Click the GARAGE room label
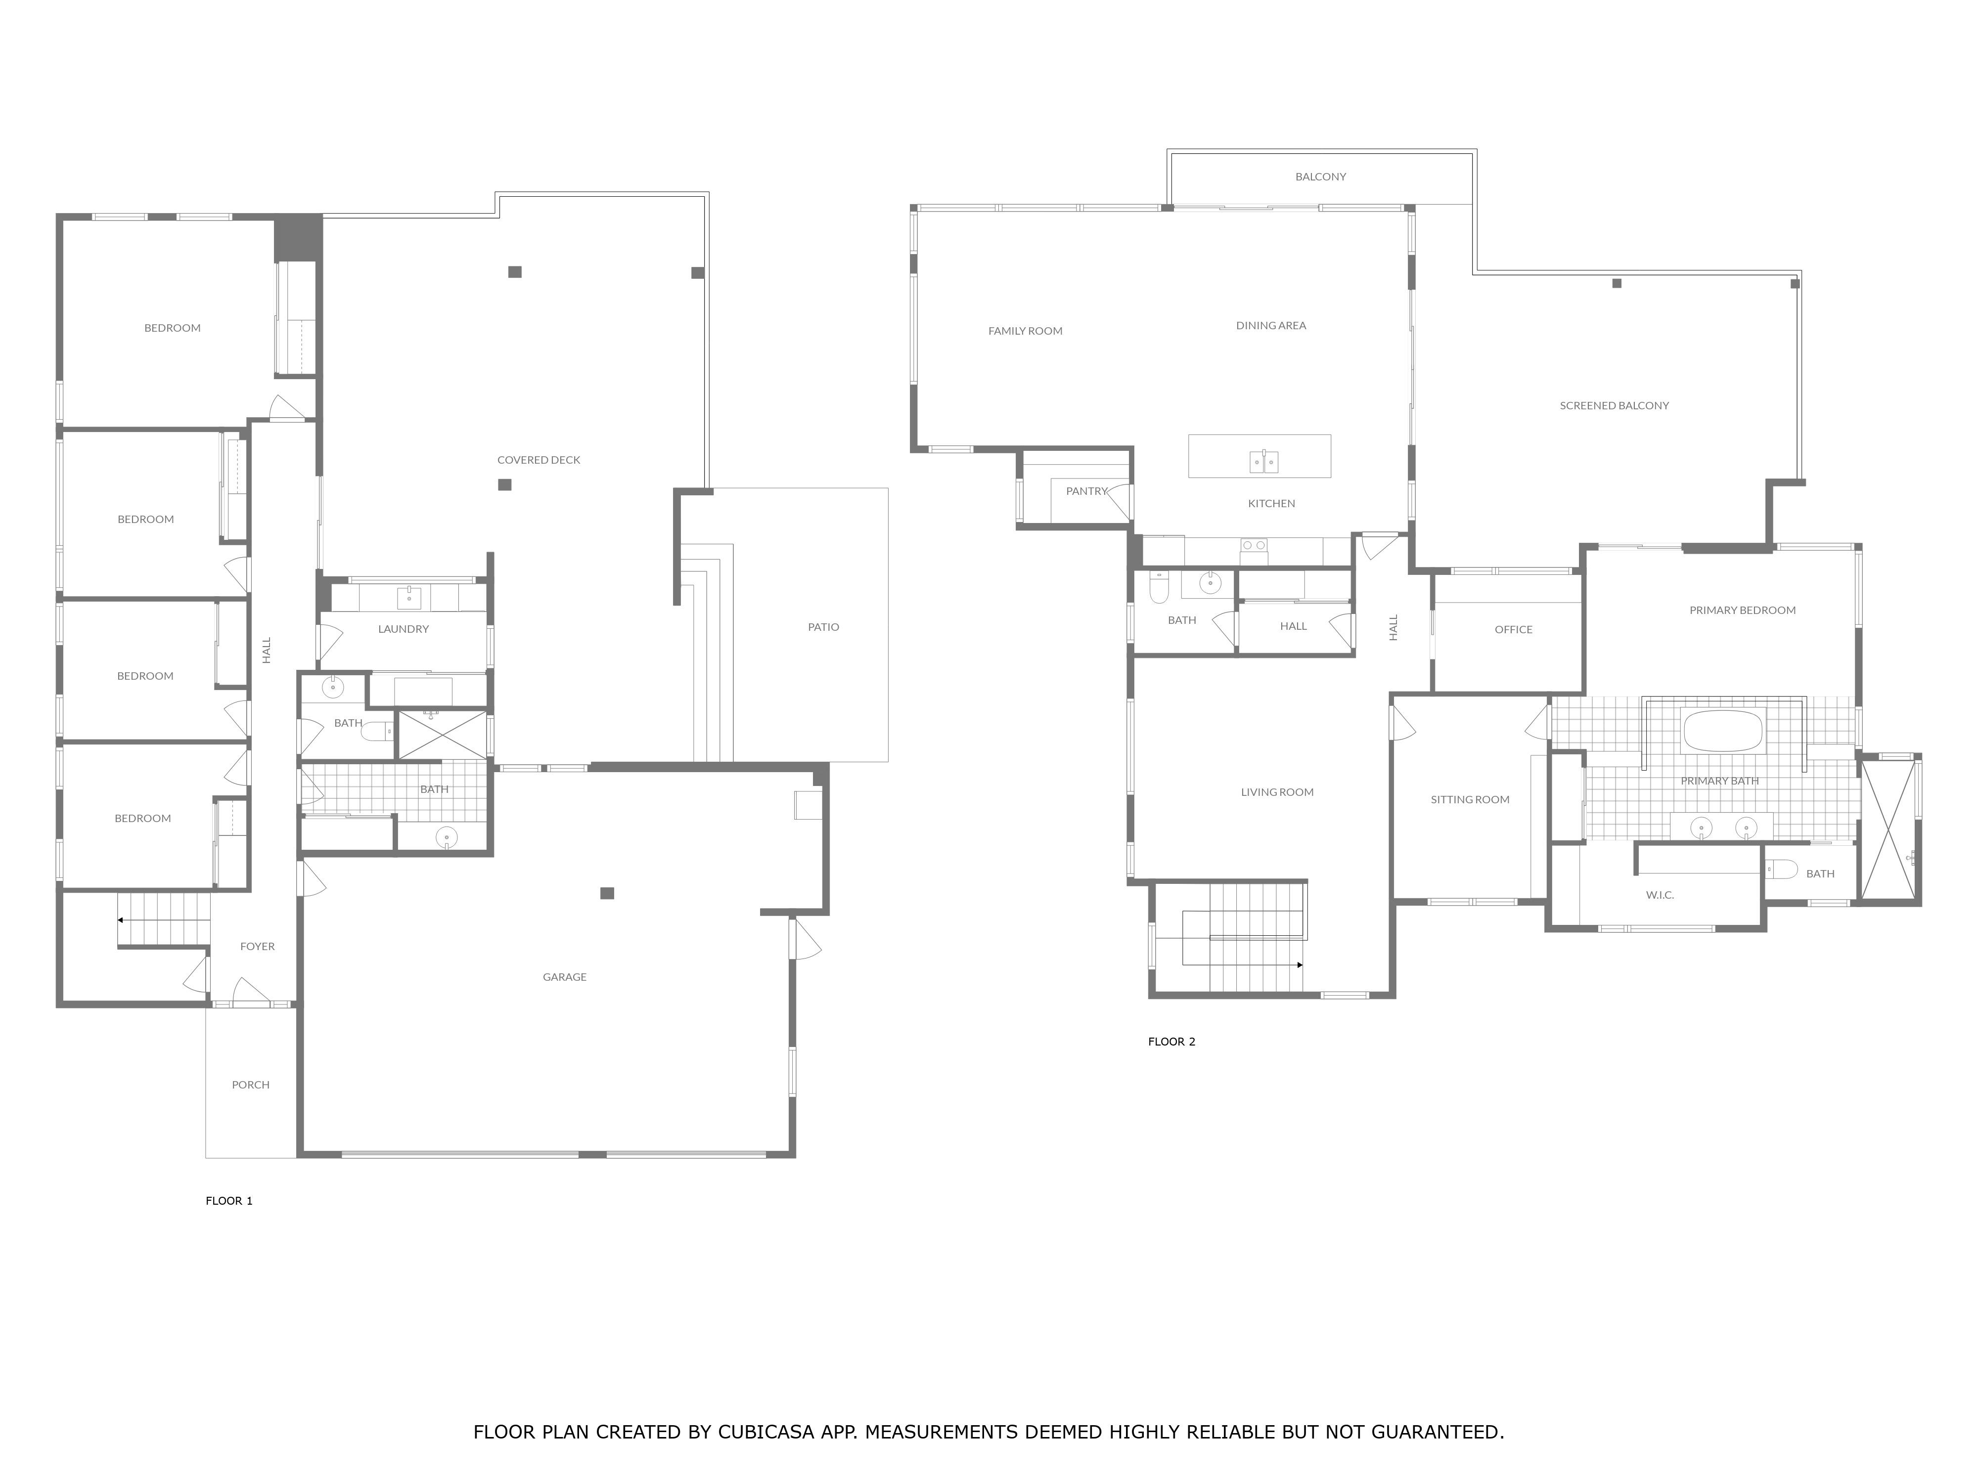click(564, 977)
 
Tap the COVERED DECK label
click(539, 459)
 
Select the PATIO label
click(823, 627)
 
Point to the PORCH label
click(250, 1084)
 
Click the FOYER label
click(258, 946)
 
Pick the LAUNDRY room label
click(404, 628)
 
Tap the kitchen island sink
click(1263, 461)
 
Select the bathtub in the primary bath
click(1722, 730)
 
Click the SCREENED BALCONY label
click(1614, 405)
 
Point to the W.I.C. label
click(1660, 895)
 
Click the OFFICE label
click(1513, 629)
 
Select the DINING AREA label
click(1271, 325)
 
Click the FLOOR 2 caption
click(1171, 1042)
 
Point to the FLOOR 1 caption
click(229, 1201)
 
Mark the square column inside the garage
click(607, 893)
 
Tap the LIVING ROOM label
click(1277, 792)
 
